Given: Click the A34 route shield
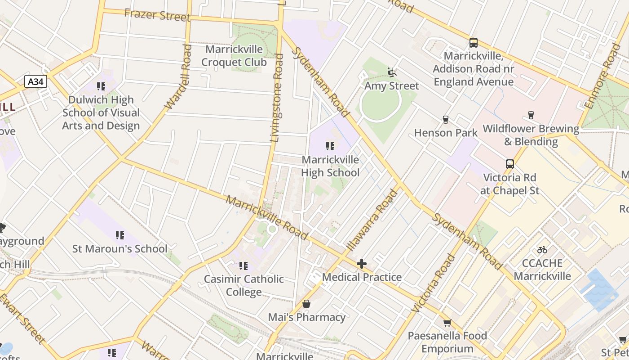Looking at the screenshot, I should tap(35, 81).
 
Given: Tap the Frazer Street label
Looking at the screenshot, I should tap(157, 15).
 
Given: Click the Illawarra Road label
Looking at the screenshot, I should tap(372, 220).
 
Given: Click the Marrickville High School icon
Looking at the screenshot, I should tap(330, 146).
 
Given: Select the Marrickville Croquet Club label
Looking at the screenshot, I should tap(234, 55).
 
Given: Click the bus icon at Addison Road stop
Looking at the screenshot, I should tap(474, 43).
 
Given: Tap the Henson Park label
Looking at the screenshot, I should tap(446, 133).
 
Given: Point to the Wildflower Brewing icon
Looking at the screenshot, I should tap(531, 115).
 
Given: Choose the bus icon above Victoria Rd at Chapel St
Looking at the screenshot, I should tap(509, 164).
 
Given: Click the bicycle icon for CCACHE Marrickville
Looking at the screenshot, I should tap(542, 249).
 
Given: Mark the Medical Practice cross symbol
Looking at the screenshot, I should tap(361, 263).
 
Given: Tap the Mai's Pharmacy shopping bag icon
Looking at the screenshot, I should tap(306, 304).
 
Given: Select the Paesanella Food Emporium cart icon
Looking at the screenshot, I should tap(447, 322).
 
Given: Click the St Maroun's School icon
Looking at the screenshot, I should tap(120, 235).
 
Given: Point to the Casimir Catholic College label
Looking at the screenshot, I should tap(244, 285).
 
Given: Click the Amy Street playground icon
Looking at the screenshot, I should tap(391, 72).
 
